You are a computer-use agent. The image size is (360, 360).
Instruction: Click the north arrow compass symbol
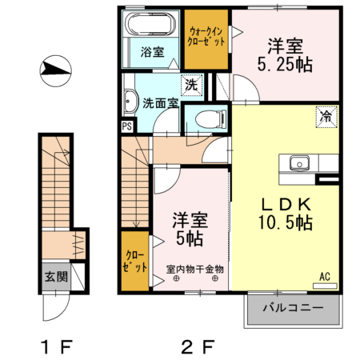click(x=53, y=70)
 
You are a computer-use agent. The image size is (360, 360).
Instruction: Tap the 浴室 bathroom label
click(x=152, y=53)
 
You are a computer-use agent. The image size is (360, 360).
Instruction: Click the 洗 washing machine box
click(x=193, y=85)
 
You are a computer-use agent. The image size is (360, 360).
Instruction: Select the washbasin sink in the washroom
click(x=131, y=102)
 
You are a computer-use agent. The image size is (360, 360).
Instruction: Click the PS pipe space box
click(x=126, y=126)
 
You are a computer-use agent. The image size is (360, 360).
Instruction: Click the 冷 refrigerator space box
click(x=326, y=116)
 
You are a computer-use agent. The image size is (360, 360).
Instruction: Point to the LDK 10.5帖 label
click(x=284, y=213)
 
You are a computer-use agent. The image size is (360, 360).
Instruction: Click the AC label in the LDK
click(x=325, y=277)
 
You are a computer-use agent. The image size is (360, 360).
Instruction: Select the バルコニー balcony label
click(x=292, y=307)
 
